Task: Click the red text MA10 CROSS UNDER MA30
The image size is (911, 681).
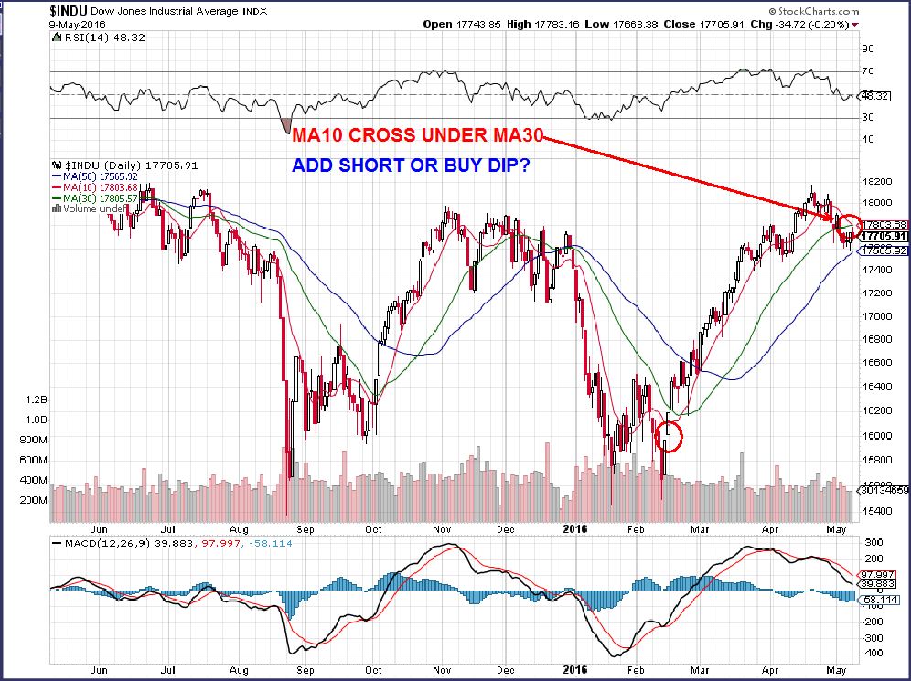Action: (418, 137)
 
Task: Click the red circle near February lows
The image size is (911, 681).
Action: (670, 437)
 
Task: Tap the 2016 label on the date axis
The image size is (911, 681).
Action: (574, 528)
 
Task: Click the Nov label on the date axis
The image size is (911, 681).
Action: (441, 528)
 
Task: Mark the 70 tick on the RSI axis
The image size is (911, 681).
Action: (868, 71)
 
